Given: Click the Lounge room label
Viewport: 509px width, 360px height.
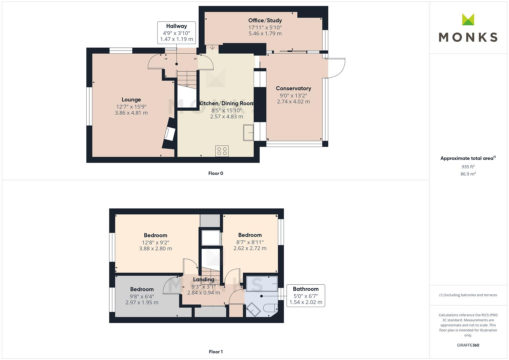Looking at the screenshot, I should point(131,100).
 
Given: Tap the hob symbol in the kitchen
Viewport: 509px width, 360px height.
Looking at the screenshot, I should point(222,151).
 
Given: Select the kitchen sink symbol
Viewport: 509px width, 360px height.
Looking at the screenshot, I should point(248,132).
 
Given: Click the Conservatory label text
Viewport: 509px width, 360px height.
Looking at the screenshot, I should point(293,88).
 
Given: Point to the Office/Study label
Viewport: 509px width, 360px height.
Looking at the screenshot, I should point(265,20).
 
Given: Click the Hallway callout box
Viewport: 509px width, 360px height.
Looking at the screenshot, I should point(176,32).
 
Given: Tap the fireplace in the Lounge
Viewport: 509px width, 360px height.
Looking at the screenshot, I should point(170,134).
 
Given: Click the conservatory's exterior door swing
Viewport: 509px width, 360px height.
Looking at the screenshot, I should point(335,68).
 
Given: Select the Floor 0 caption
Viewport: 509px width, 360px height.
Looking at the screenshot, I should point(216,173).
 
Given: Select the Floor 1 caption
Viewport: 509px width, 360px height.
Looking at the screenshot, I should point(216,352).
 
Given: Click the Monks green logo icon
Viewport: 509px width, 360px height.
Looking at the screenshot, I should point(468,20).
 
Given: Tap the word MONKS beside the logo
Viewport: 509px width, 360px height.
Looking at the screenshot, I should point(468,37).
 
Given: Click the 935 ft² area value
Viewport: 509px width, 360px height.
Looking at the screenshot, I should point(468,167).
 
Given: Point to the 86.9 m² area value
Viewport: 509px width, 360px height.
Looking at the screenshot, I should point(468,174).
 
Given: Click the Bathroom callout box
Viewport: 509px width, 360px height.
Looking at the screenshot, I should point(306,295).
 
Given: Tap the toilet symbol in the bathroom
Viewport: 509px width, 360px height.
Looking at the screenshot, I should point(270,308).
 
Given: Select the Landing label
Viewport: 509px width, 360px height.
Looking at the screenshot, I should point(204,280).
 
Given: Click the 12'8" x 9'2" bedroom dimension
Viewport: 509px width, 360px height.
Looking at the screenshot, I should point(155,243).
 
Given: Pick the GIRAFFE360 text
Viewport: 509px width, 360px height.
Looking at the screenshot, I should point(468,345).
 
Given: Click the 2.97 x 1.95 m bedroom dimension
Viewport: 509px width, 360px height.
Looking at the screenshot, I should point(142,303).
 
